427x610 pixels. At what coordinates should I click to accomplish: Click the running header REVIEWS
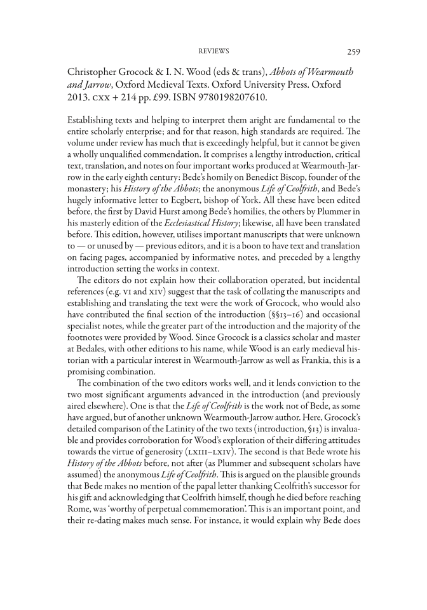(213, 51)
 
